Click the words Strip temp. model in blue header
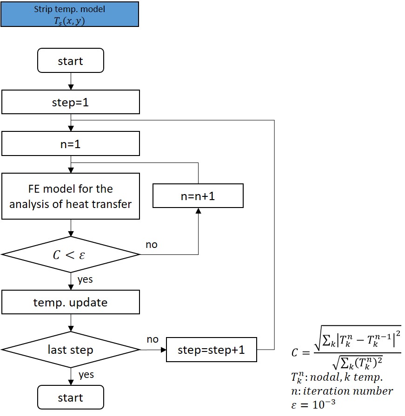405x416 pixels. [x=69, y=9]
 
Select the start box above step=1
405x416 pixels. [x=70, y=61]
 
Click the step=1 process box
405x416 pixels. [x=70, y=102]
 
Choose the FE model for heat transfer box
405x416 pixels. [x=70, y=196]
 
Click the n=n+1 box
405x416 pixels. [x=198, y=195]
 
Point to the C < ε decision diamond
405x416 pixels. [x=70, y=254]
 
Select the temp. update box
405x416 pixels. [x=70, y=303]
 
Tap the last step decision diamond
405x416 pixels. [x=70, y=350]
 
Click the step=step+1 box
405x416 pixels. [x=211, y=350]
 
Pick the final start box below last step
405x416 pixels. [x=70, y=398]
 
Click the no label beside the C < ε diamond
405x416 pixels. [x=152, y=245]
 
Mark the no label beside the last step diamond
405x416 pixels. [x=153, y=340]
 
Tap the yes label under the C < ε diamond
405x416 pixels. [x=86, y=279]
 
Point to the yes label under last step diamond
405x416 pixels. [x=86, y=375]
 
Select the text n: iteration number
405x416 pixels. [x=342, y=391]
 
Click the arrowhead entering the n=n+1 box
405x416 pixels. [x=199, y=210]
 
